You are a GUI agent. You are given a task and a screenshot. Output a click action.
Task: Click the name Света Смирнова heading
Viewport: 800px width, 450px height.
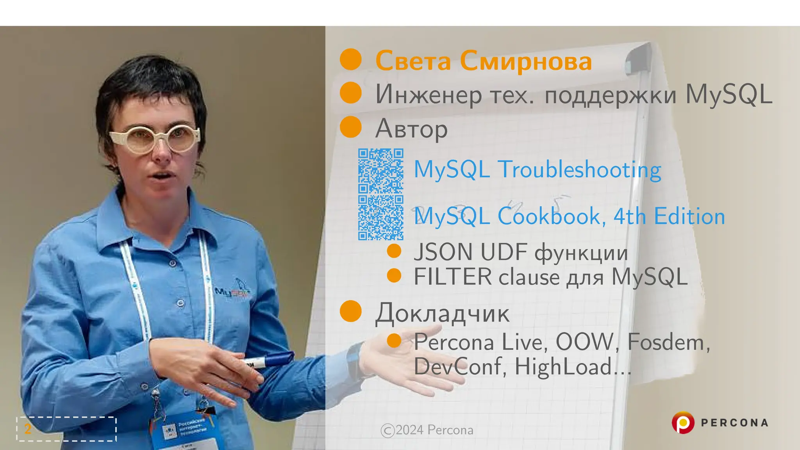point(483,61)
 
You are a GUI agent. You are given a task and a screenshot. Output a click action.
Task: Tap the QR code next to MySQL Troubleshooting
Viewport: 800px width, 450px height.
point(380,171)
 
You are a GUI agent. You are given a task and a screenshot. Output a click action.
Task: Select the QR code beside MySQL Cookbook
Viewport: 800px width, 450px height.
point(380,218)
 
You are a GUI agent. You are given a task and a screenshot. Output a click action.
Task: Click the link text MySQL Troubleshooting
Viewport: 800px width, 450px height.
point(537,170)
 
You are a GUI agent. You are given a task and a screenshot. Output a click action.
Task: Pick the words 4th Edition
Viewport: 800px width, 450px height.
point(669,216)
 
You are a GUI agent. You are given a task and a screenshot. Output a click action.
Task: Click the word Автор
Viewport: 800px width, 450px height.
point(411,129)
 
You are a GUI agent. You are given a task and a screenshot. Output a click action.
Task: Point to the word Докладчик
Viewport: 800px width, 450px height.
point(442,313)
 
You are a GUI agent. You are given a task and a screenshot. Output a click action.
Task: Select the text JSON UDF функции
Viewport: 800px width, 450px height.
point(520,252)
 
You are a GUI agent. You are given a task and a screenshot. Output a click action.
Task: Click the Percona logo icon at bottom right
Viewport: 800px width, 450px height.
point(682,423)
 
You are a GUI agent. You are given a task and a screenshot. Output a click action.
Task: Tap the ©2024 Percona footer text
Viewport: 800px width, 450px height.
point(427,430)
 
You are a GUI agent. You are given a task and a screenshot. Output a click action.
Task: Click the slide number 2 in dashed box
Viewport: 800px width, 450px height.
point(28,429)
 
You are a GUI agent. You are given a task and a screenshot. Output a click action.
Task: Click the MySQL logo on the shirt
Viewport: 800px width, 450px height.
point(232,291)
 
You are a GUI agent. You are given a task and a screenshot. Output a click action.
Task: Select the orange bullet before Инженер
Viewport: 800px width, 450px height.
point(350,93)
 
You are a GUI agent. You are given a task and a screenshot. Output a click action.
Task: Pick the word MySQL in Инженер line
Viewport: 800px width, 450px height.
point(729,95)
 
